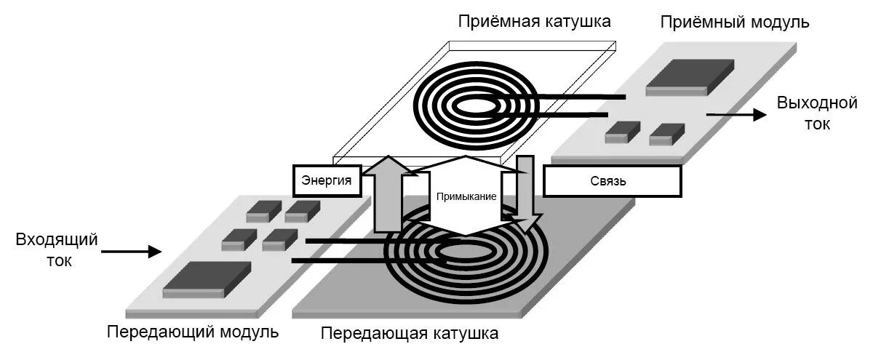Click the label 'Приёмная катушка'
click(534, 22)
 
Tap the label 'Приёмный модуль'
click(735, 22)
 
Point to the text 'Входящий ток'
click(56, 249)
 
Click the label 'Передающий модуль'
click(193, 332)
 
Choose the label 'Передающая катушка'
click(410, 334)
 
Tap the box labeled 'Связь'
click(612, 180)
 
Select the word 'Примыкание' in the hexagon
click(466, 196)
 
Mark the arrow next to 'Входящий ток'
click(131, 252)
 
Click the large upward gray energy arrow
click(388, 193)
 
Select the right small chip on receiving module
click(666, 132)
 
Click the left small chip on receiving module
click(622, 132)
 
